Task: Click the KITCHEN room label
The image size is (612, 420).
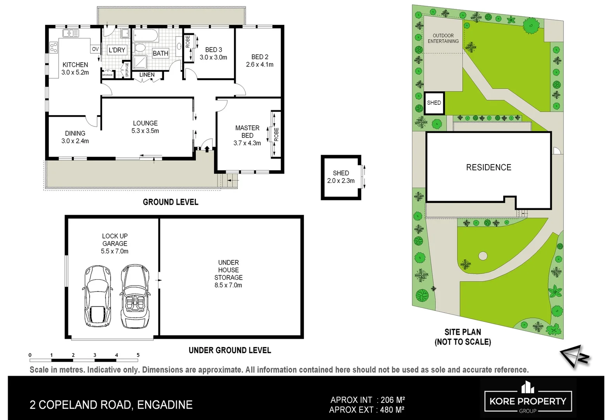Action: coord(75,65)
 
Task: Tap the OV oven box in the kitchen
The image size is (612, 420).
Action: coord(95,49)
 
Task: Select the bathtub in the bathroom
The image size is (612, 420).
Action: coord(145,37)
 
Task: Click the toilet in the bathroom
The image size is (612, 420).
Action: coord(140,48)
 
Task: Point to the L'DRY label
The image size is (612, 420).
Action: coord(117,50)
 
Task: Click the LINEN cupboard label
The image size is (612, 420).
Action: coord(147,75)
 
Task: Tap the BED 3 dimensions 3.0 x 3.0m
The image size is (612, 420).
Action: coord(213,57)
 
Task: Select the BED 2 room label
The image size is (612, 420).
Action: coord(260,57)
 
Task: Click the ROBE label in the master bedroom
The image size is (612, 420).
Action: coord(276,135)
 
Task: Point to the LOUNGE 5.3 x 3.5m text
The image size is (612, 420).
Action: coord(145,127)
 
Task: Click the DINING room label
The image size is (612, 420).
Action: coord(75,133)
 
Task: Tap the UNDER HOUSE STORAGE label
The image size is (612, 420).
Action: coord(228,270)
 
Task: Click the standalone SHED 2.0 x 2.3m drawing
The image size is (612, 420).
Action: coord(341,177)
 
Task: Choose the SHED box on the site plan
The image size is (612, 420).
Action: coord(434,103)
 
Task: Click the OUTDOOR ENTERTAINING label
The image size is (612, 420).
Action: coord(443,38)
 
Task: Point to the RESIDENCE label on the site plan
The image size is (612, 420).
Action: coord(488,167)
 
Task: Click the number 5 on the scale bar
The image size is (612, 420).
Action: coord(138,355)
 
